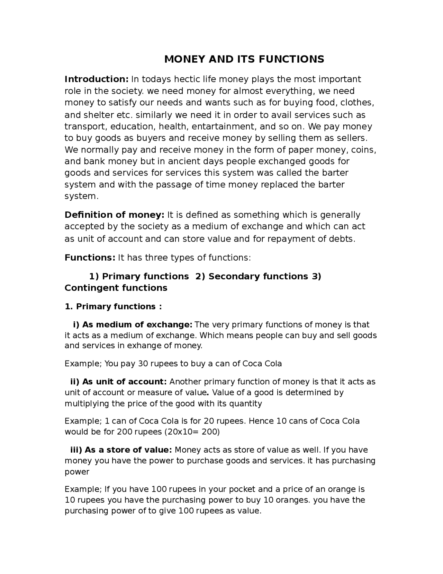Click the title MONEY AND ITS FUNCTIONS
tap(244, 59)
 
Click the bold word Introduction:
tap(97, 79)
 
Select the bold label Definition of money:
tap(114, 215)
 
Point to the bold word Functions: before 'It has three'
tap(90, 258)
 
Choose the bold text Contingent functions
tap(116, 288)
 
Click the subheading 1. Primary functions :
tap(113, 307)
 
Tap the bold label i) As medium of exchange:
tap(133, 325)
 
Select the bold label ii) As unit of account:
tap(118, 382)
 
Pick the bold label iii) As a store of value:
tap(121, 450)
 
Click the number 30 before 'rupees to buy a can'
tap(143, 364)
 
